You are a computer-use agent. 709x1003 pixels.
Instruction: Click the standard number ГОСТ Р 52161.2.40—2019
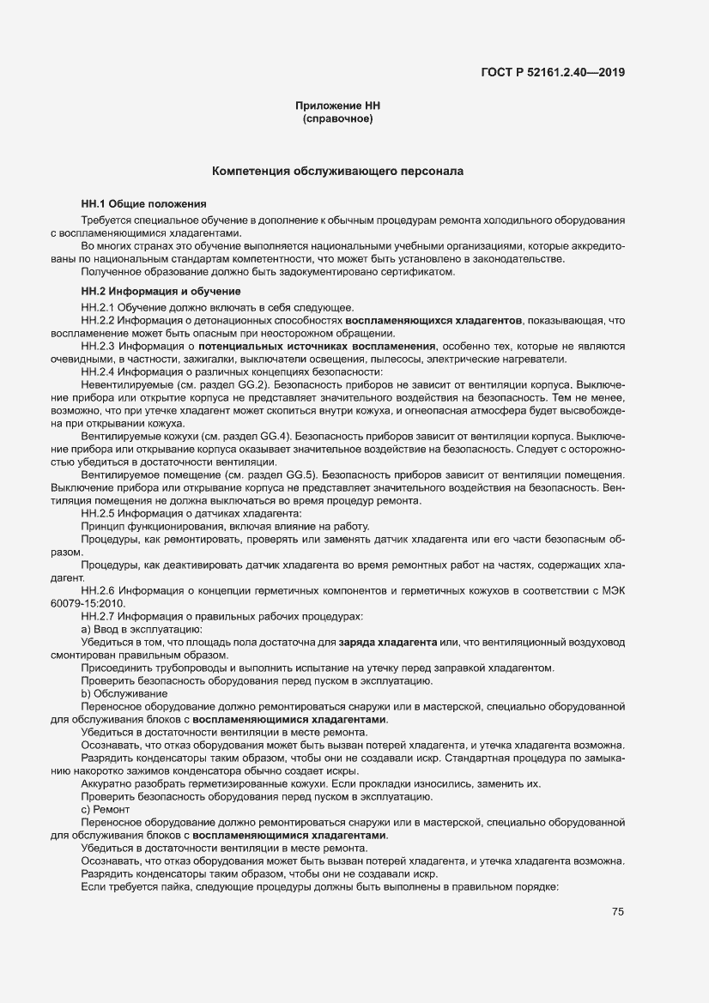552,72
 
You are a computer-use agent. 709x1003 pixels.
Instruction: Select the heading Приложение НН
337,106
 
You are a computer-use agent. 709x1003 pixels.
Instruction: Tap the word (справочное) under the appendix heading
337,118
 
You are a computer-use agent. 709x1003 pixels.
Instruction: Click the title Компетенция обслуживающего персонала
338,172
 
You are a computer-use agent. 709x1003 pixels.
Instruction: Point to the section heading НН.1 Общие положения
143,204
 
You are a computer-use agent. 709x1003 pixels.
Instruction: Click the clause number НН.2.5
97,512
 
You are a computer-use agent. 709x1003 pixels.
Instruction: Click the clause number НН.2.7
97,616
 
